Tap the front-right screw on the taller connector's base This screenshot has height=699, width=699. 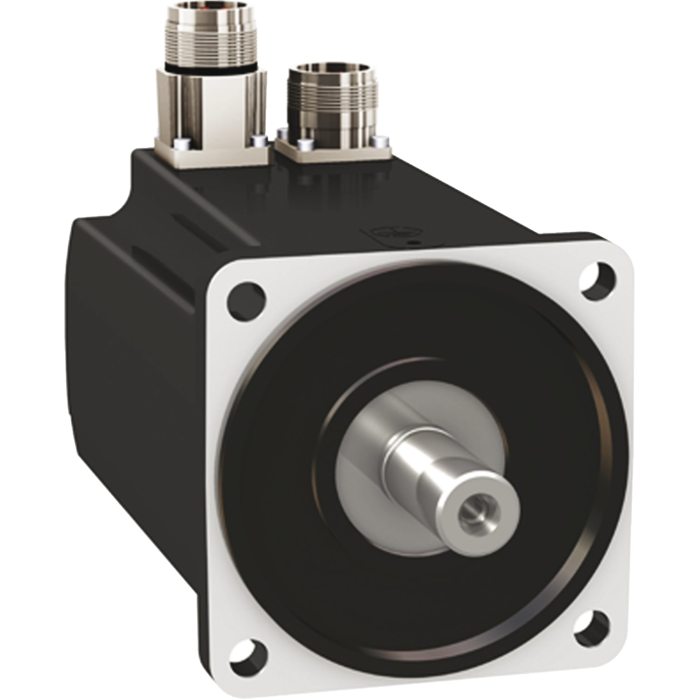click(258, 141)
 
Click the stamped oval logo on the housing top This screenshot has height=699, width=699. click(391, 232)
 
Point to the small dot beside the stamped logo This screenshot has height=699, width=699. click(411, 243)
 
